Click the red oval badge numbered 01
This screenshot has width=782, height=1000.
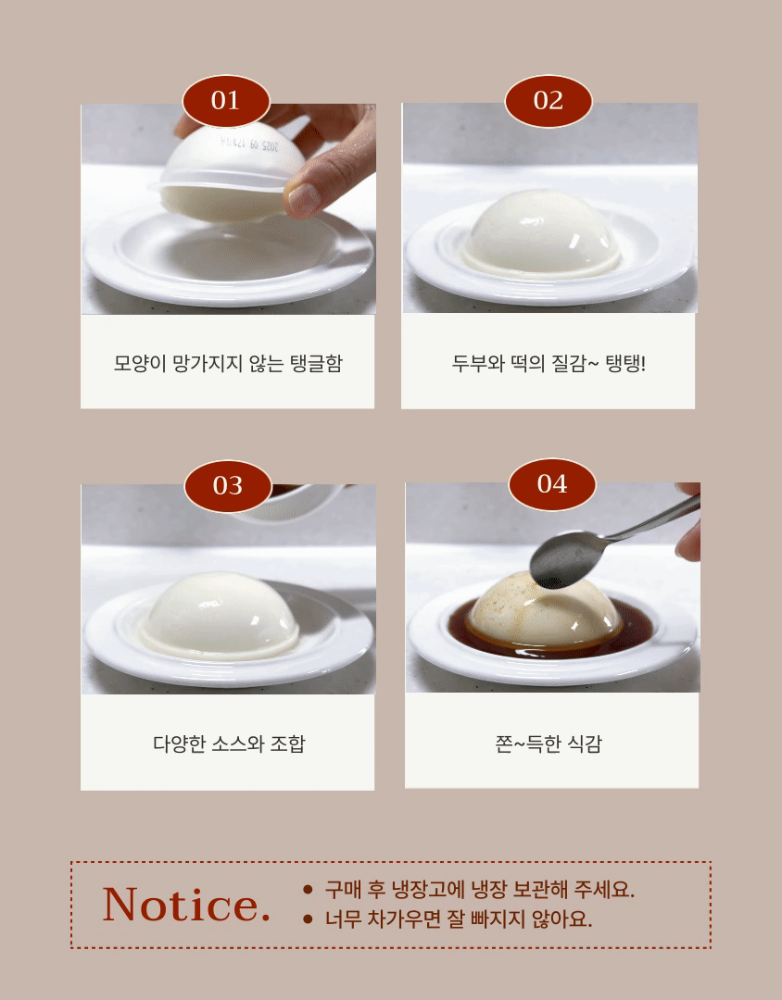pos(226,101)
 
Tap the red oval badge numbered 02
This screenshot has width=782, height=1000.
pos(549,101)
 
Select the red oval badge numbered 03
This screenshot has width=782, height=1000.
pos(228,486)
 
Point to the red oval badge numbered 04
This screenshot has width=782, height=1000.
pos(552,484)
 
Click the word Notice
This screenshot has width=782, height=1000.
pos(186,905)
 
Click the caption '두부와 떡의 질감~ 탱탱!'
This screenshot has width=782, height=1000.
pos(549,363)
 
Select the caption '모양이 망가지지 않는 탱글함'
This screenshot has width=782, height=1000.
pos(228,363)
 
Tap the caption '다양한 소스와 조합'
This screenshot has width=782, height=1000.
pos(229,743)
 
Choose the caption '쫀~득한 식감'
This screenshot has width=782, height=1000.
pos(549,743)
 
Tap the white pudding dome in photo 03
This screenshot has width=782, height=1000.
pos(220,616)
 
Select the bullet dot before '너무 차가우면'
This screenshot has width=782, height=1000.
pos(308,919)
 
